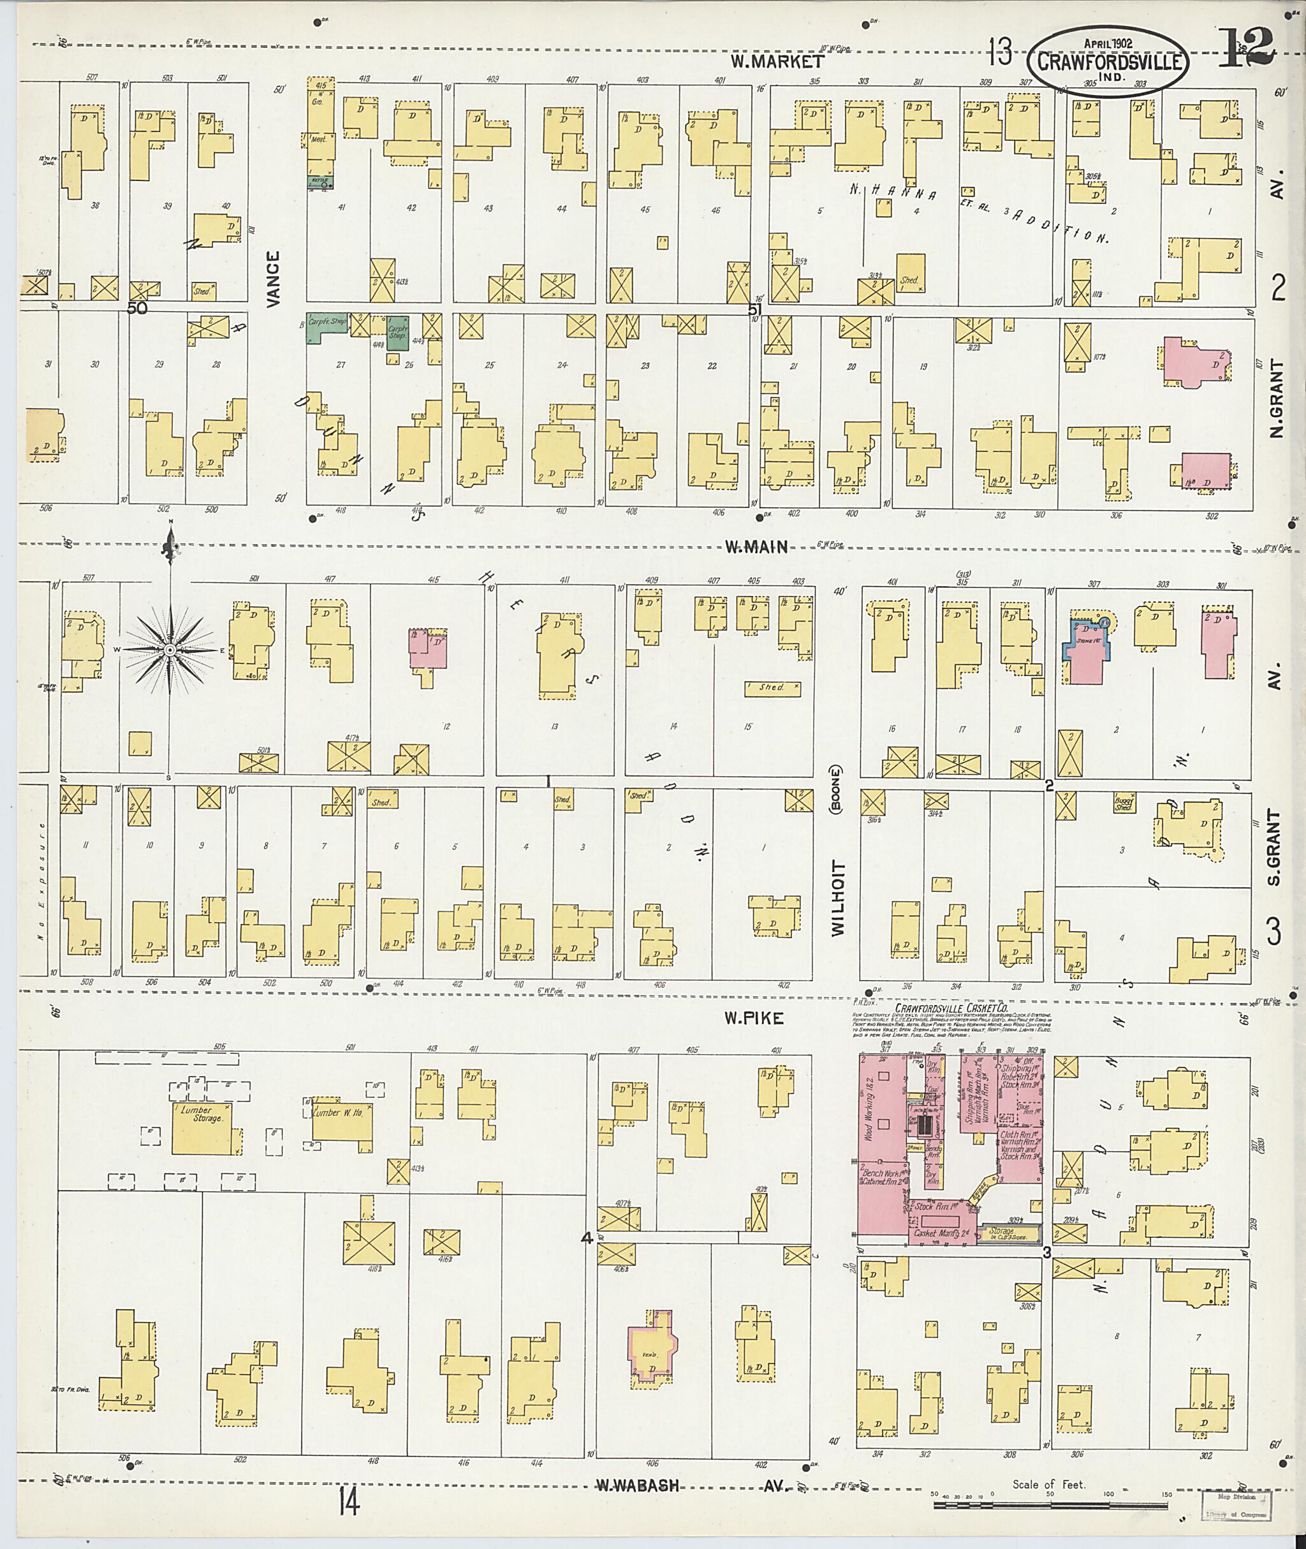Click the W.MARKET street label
tap(777, 61)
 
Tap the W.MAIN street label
tap(755, 547)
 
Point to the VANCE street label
tap(274, 279)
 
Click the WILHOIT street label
tap(837, 898)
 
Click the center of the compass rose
tap(170, 649)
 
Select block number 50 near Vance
tap(137, 307)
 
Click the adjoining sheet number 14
tap(349, 1504)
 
